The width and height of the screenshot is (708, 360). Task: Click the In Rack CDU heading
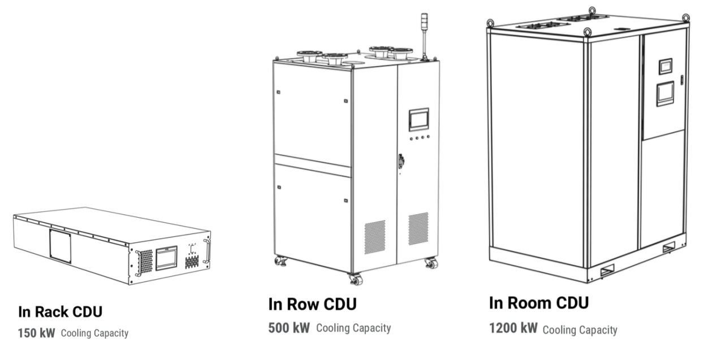click(60, 311)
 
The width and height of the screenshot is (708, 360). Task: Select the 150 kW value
click(36, 333)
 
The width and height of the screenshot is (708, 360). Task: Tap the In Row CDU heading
click(312, 304)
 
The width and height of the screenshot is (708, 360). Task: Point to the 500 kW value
click(288, 328)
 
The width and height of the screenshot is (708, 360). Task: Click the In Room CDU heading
click(538, 303)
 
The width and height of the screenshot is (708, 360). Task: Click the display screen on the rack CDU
click(166, 258)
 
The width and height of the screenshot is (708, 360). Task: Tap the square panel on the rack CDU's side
click(61, 246)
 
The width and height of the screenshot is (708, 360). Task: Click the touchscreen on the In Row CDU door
click(418, 119)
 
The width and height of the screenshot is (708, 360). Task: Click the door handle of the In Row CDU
click(401, 161)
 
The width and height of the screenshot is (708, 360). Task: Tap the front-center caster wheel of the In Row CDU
click(356, 279)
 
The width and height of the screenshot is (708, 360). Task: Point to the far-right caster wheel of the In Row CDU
click(432, 263)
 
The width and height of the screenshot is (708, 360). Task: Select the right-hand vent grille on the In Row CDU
click(418, 228)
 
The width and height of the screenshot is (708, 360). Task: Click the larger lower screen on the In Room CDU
click(665, 94)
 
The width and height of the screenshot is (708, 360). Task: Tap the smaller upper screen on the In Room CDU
click(665, 66)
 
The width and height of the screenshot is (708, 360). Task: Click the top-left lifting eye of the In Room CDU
click(490, 23)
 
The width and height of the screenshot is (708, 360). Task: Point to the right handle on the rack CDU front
click(207, 250)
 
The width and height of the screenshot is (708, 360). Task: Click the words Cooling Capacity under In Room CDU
click(580, 329)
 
